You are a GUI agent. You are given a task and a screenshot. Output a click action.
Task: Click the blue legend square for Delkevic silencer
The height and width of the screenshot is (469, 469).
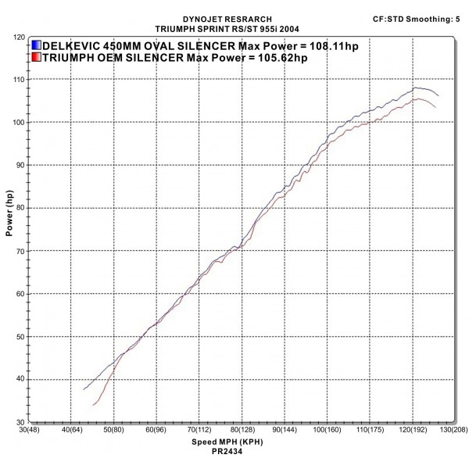37,45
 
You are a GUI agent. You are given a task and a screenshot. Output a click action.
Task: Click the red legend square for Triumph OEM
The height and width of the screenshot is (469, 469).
37,57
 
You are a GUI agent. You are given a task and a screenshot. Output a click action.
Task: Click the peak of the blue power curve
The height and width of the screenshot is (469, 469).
417,88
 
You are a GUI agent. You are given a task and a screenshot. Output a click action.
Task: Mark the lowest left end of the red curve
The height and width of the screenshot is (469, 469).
94,405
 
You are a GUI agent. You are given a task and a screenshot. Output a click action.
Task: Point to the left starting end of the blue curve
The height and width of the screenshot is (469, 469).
84,389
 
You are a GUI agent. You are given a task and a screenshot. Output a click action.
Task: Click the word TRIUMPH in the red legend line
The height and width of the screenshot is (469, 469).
70,57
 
